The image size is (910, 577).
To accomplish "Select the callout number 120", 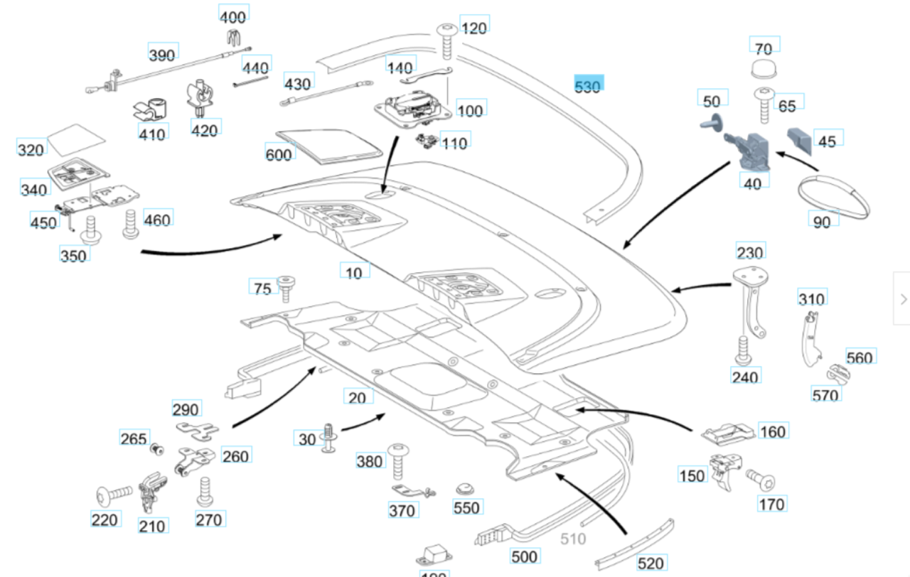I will point(474,27).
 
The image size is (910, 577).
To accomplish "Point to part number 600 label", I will point(279,153).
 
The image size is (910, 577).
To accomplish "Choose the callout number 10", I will point(354,272).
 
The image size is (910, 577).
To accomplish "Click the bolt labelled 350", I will point(91,229).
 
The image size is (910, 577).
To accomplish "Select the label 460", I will point(156,220).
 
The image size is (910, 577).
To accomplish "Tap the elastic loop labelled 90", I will point(833,195).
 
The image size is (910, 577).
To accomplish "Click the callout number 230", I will point(750,252).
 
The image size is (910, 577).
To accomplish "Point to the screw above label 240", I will point(743,350).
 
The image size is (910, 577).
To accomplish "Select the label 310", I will point(811,298).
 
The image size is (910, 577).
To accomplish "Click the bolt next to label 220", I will point(114,492).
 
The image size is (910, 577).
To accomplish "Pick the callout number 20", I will point(358,397).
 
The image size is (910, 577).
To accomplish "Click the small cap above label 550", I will point(465,489).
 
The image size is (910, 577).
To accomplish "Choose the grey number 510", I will point(574,539).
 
